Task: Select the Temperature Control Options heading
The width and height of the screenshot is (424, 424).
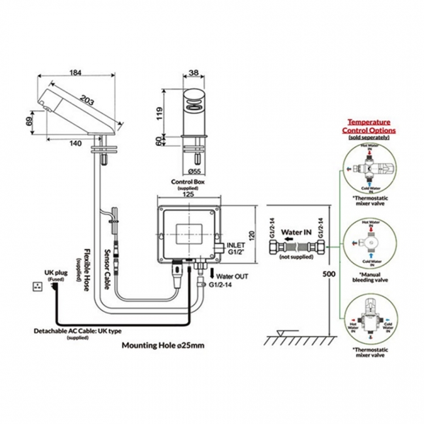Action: click(369, 126)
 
